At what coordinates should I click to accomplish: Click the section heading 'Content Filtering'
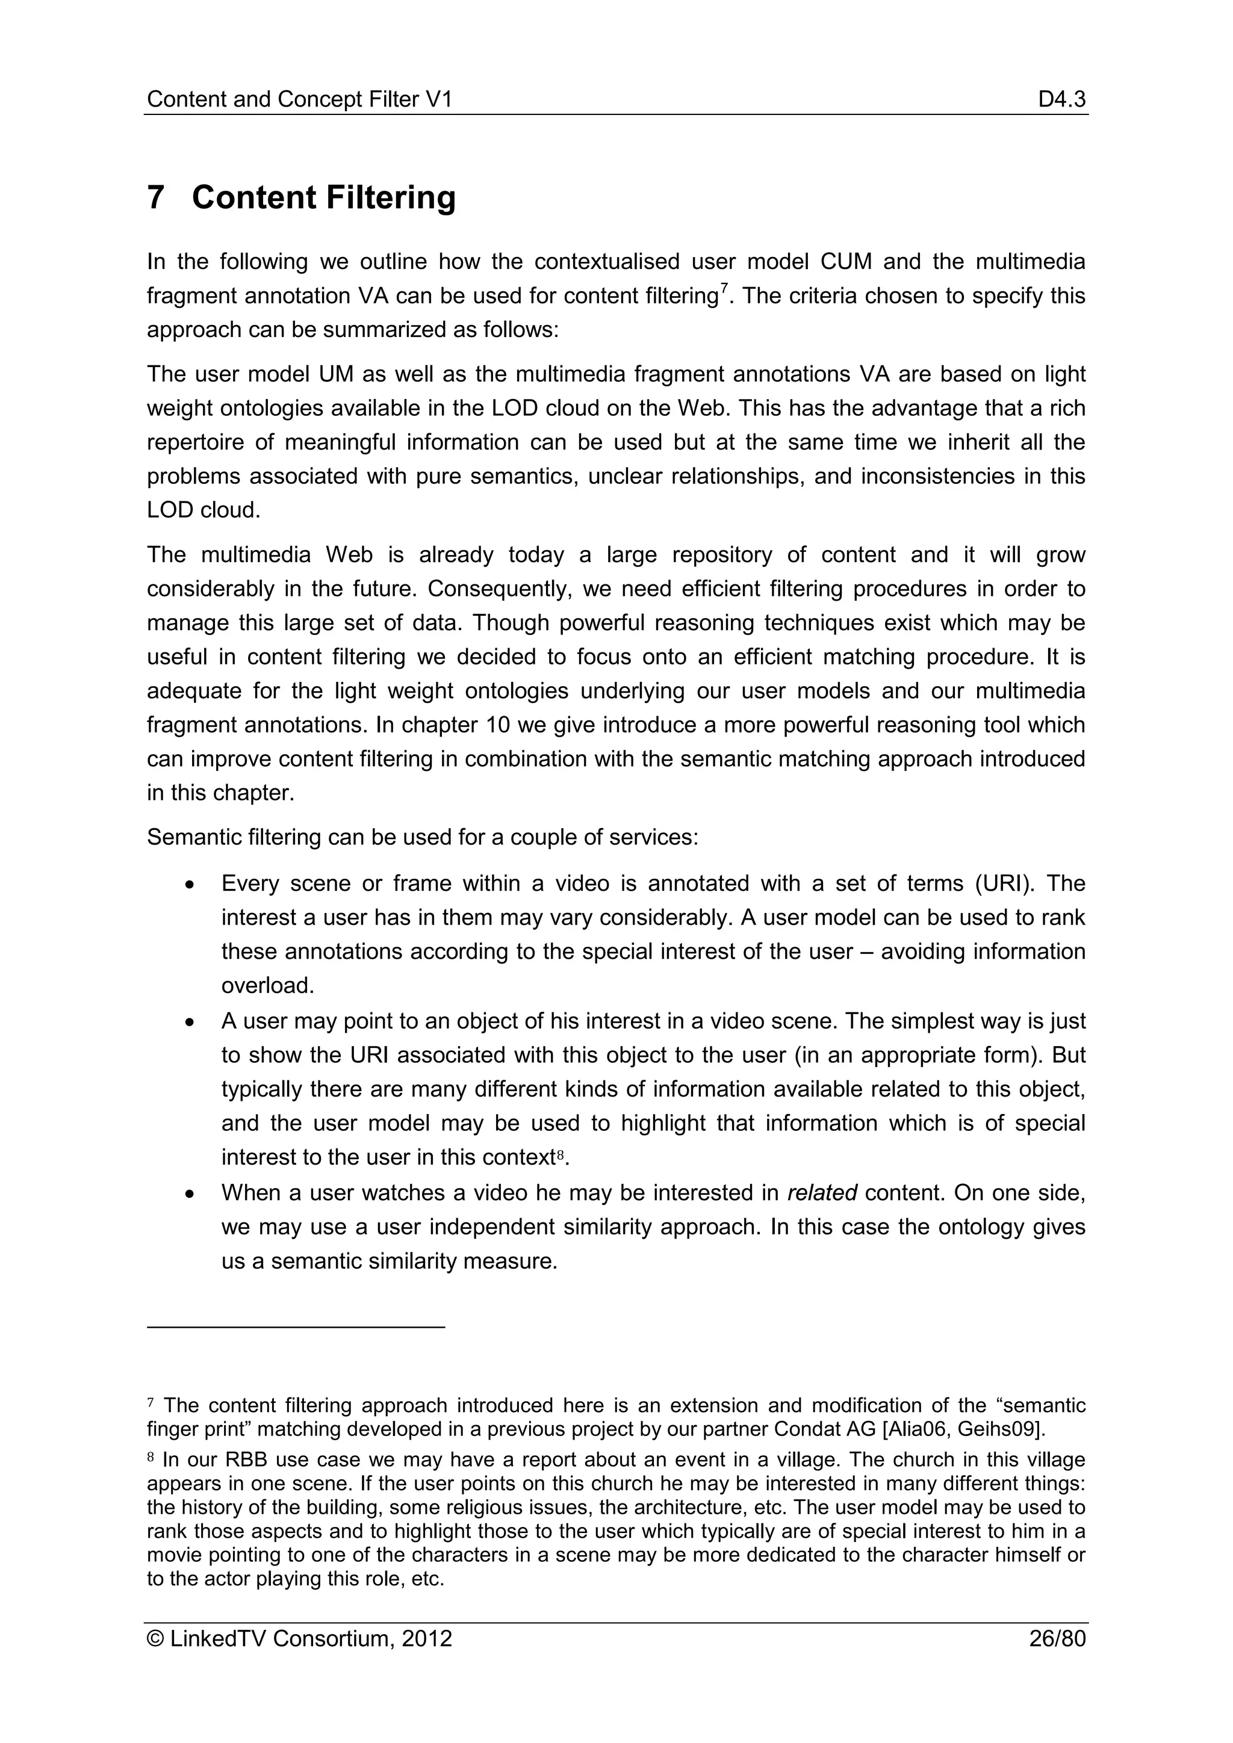coord(323,197)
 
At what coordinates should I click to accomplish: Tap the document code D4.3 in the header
coord(1061,99)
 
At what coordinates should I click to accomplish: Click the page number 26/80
coord(1057,1638)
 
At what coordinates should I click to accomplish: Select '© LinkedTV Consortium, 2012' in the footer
coord(299,1638)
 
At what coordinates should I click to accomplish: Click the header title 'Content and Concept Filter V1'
coord(299,99)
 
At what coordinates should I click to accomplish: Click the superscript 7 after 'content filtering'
coord(724,288)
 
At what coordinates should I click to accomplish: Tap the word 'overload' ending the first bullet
coord(265,986)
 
